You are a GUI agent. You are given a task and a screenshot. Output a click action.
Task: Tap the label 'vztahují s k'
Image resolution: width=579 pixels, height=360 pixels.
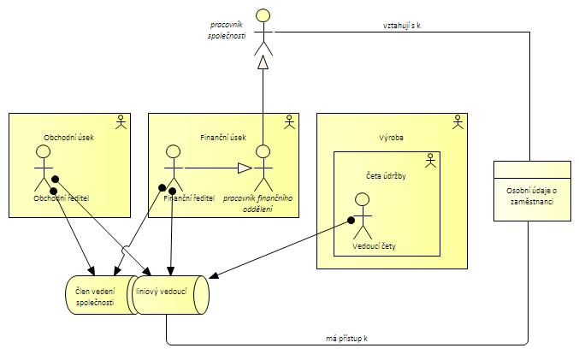point(401,26)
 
